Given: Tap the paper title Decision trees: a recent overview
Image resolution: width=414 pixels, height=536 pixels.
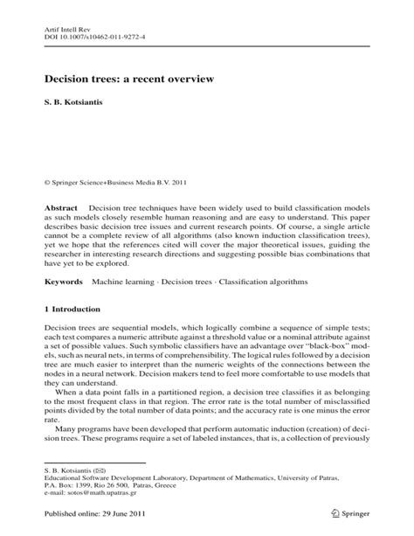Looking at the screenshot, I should click(x=128, y=79).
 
